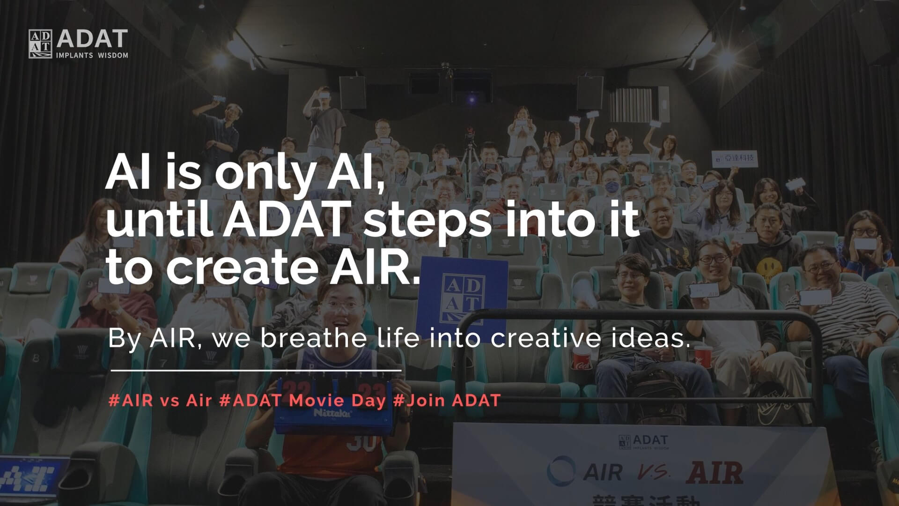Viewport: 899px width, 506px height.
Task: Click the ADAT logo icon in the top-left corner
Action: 40,44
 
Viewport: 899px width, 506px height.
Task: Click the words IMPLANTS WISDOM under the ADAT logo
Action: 92,55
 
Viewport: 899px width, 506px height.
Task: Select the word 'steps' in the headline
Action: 427,220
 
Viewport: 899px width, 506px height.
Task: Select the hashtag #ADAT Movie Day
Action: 302,401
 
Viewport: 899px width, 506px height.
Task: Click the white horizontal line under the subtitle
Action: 256,370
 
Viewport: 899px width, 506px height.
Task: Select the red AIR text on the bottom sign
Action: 715,472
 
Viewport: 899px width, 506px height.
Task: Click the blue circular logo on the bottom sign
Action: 561,470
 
